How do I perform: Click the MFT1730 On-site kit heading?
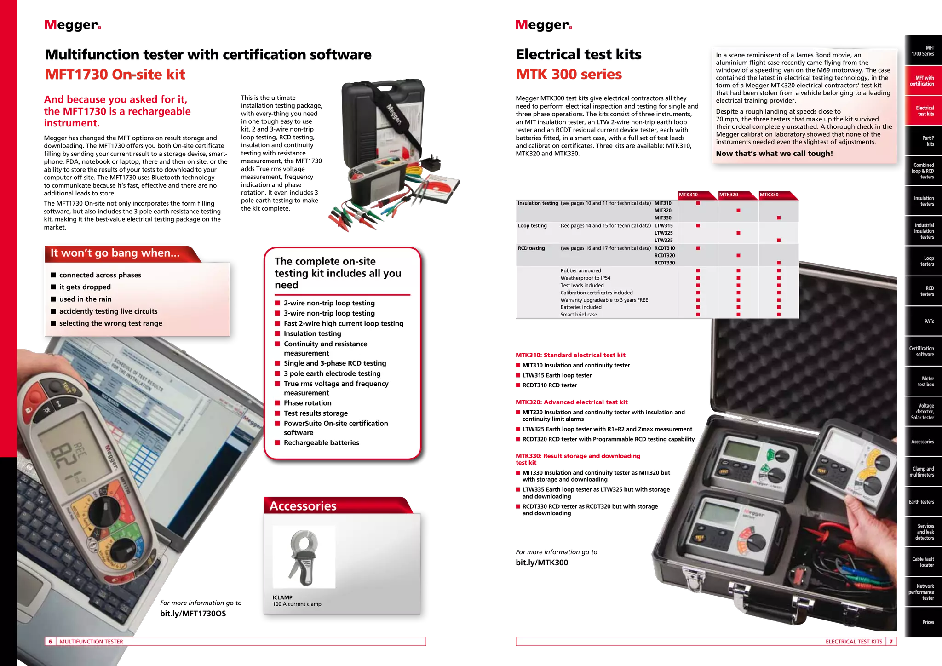115,75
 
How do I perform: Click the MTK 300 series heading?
569,75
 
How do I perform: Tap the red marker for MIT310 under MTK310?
698,203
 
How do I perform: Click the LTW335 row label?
663,241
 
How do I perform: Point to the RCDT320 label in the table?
665,256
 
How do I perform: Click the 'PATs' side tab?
929,322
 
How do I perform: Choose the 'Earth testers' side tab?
921,502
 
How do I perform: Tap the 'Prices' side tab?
928,622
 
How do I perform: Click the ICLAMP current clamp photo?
304,557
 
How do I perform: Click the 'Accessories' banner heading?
303,506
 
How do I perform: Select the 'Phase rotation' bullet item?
307,403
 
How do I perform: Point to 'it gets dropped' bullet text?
85,287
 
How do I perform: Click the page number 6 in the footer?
50,642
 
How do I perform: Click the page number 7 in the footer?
891,642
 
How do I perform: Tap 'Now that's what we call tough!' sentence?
774,154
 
